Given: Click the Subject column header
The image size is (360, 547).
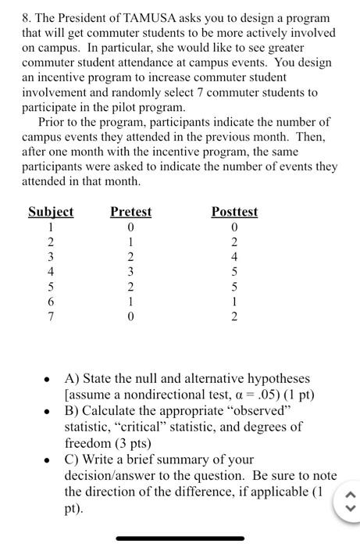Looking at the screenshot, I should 51,212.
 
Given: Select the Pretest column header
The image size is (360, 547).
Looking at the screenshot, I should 130,212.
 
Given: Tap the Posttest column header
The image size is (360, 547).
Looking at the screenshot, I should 234,212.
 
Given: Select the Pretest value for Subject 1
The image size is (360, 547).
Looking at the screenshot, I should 131,227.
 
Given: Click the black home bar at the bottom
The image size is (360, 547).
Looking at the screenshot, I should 180,538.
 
